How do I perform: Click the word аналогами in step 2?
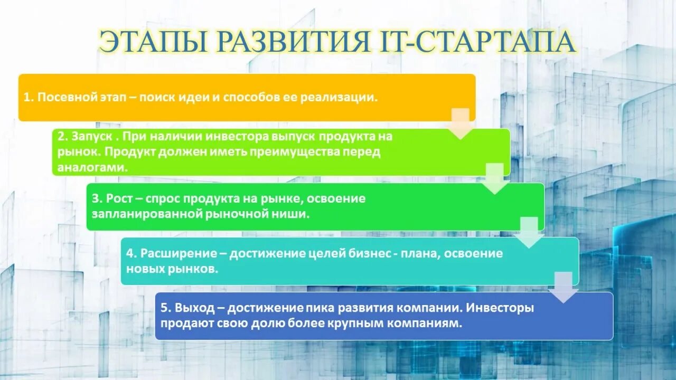(x=93, y=167)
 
